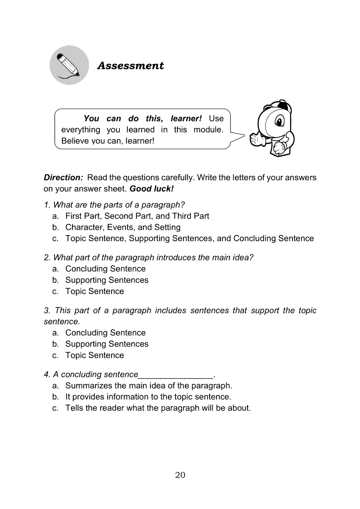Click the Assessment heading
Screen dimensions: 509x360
point(130,66)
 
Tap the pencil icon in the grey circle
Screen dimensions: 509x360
point(68,65)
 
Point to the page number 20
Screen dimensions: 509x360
point(180,475)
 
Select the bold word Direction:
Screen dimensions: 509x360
point(63,178)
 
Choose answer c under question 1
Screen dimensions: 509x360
point(189,239)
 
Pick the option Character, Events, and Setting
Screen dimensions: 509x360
point(122,227)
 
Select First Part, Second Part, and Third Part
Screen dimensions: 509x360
point(137,216)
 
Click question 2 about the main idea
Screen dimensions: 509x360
point(149,257)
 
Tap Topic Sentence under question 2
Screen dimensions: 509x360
point(95,291)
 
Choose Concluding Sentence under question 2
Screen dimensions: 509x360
point(105,269)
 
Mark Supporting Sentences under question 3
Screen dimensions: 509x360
point(107,344)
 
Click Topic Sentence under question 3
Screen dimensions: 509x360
point(95,355)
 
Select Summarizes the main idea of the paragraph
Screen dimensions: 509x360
point(149,386)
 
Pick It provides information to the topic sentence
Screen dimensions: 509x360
point(148,397)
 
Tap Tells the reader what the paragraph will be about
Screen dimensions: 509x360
point(158,408)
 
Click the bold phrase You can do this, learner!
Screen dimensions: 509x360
point(143,118)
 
